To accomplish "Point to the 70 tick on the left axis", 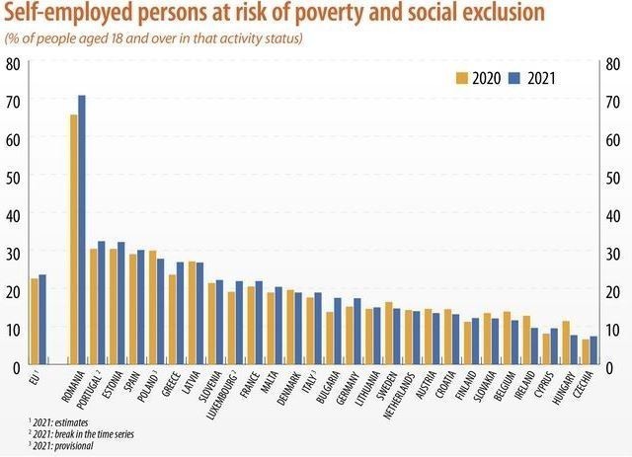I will tap(13, 102).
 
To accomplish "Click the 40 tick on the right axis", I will tap(612, 216).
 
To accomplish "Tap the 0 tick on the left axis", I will tap(15, 367).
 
